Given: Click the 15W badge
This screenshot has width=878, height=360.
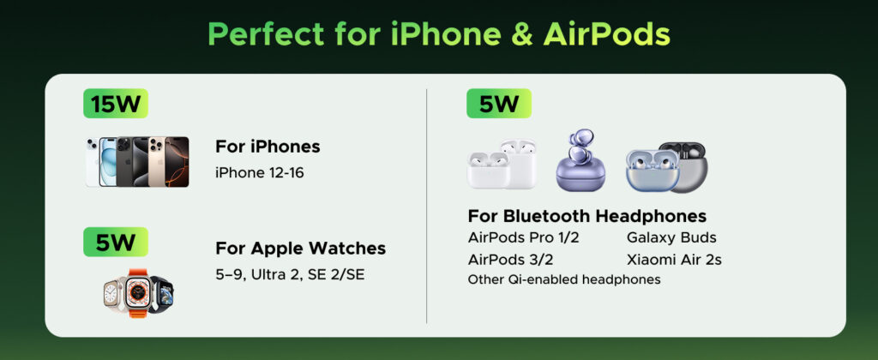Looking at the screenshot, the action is (x=116, y=104).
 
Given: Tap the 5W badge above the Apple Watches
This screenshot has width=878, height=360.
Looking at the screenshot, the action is (x=116, y=242).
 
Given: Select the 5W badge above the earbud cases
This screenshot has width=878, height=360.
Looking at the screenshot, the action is (x=499, y=104).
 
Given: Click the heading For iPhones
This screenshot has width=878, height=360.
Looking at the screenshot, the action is (x=268, y=147).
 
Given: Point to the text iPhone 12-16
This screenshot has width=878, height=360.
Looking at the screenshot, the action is (x=260, y=172).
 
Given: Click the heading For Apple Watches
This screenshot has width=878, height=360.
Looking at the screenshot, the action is (x=301, y=248).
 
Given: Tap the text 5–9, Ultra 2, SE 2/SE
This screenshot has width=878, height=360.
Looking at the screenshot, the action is (x=290, y=275).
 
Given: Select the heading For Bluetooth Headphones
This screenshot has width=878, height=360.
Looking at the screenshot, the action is (x=587, y=215).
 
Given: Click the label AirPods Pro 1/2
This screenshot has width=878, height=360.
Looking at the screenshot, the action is (x=524, y=237).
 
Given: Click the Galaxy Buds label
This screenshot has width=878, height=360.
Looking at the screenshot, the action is (x=671, y=237).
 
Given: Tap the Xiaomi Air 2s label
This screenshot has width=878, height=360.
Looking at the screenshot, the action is (x=674, y=260).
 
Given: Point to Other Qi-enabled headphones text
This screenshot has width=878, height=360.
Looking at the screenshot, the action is (x=564, y=279).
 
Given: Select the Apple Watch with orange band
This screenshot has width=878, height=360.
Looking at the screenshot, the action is (x=137, y=293).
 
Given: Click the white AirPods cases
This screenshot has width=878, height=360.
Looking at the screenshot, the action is (x=502, y=164).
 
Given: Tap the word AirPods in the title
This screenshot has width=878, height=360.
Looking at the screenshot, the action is (x=606, y=34).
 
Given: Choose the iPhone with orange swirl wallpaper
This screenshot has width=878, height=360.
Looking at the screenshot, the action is (x=177, y=162).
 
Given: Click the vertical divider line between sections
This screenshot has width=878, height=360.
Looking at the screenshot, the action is (x=427, y=206).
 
